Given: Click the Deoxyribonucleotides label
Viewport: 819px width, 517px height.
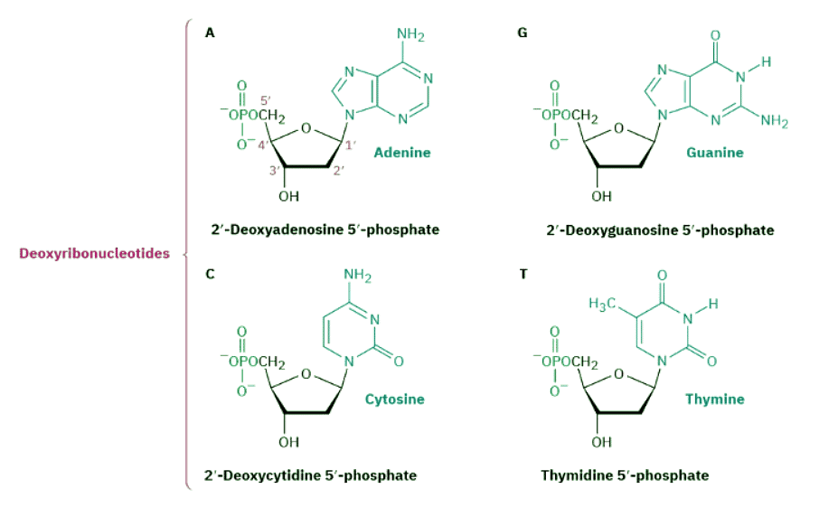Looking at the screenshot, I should pyautogui.click(x=94, y=253).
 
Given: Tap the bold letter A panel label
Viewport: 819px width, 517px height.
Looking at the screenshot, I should pyautogui.click(x=210, y=33).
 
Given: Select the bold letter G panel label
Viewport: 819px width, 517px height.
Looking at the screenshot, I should pyautogui.click(x=522, y=33).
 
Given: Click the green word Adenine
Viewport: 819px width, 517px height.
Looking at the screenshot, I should pyautogui.click(x=402, y=153).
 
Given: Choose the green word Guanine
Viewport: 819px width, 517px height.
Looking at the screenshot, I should pyautogui.click(x=714, y=153).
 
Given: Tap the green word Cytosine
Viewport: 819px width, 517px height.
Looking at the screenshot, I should pyautogui.click(x=394, y=399).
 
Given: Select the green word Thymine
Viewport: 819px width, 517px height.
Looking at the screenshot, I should pyautogui.click(x=714, y=399).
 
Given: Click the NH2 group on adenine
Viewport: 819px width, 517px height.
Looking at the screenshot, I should pyautogui.click(x=410, y=36).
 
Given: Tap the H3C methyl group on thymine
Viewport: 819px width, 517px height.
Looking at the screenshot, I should pyautogui.click(x=603, y=303).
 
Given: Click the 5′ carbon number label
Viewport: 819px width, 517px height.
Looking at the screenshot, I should pyautogui.click(x=266, y=99).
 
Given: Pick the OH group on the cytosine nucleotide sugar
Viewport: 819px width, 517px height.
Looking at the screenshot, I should pyautogui.click(x=288, y=442).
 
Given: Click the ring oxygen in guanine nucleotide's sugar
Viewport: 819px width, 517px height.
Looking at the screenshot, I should pyautogui.click(x=619, y=127).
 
